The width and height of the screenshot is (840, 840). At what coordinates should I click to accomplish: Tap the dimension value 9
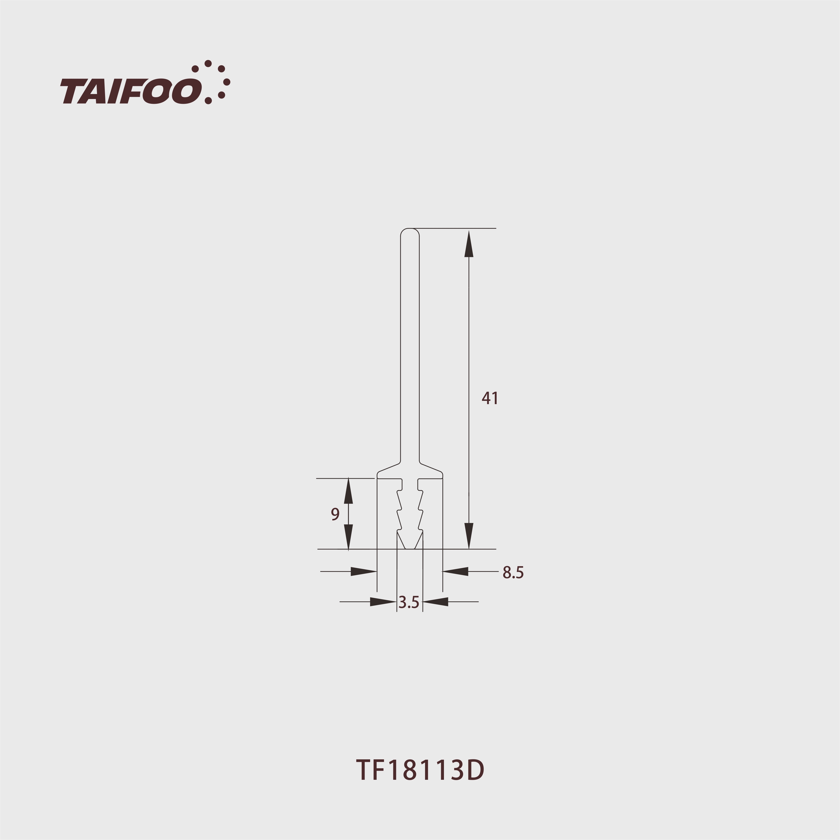click(335, 514)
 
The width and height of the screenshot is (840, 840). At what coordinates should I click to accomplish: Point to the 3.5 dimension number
click(409, 602)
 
